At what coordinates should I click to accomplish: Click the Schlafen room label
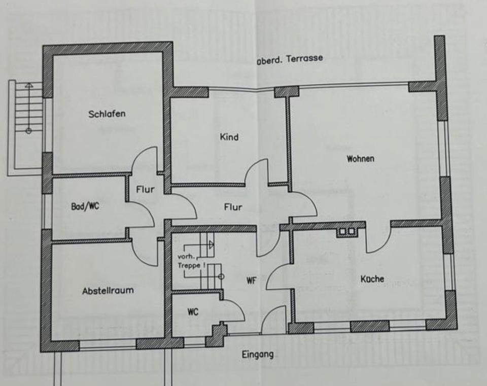tap(107, 114)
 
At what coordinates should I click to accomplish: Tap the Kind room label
tap(229, 137)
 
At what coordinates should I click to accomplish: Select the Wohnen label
tap(360, 159)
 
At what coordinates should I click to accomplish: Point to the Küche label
tap(372, 279)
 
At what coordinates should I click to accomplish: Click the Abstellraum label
tap(108, 291)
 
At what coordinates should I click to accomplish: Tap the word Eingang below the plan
tap(258, 354)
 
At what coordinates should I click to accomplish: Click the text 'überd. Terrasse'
tap(290, 59)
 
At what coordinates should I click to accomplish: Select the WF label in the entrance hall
tap(251, 280)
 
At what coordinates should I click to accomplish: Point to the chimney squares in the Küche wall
tap(347, 232)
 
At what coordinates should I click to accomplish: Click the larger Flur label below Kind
tap(233, 207)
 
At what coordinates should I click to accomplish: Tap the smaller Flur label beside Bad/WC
tap(145, 190)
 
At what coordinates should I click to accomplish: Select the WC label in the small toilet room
tap(193, 312)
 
